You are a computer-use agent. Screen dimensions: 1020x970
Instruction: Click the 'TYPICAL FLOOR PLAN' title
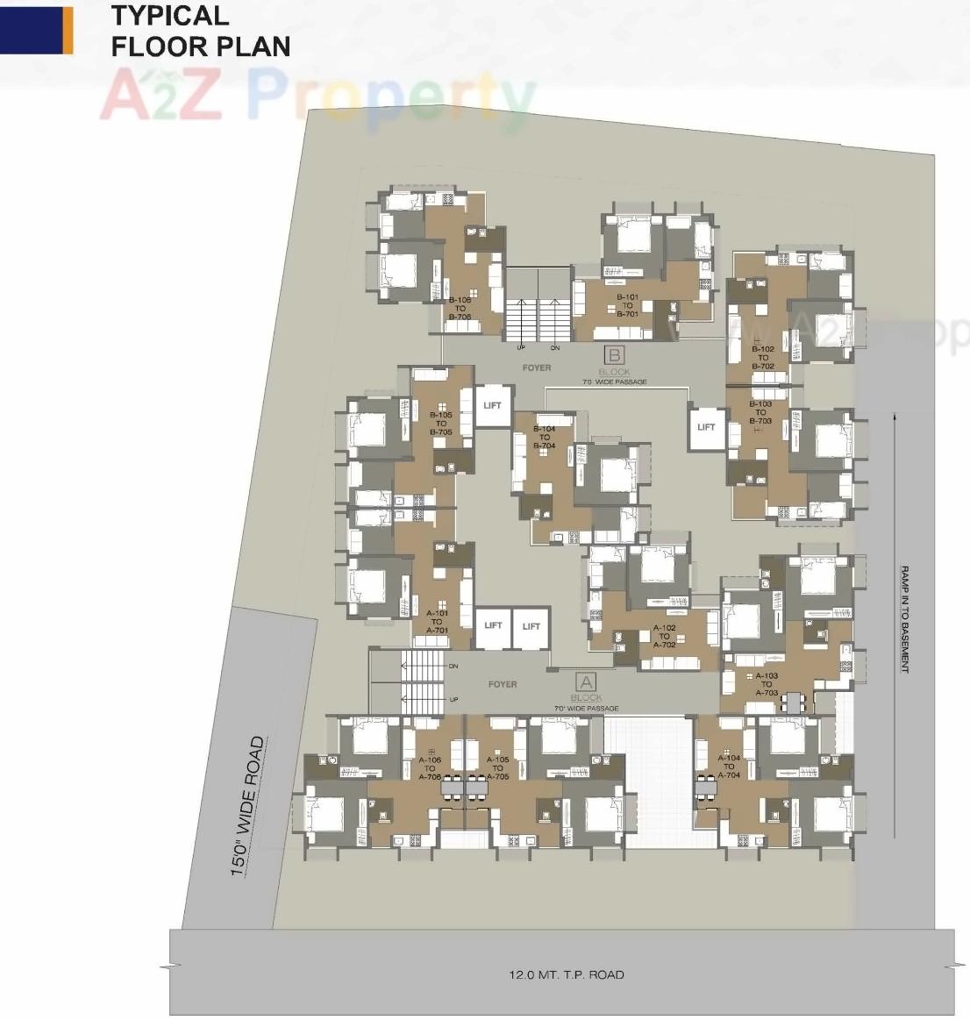tap(201, 31)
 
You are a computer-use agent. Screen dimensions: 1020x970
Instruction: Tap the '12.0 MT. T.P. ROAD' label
tap(567, 974)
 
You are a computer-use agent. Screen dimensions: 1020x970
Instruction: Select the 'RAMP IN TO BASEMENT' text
tap(903, 619)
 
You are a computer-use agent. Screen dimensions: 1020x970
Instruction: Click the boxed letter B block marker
tap(615, 355)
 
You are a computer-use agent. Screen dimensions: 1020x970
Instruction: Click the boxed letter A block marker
tap(585, 681)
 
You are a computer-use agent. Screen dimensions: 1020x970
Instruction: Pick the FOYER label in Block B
tap(537, 367)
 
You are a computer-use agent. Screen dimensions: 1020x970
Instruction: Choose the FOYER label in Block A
tap(503, 684)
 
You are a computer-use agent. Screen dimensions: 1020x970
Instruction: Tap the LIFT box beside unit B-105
tap(492, 406)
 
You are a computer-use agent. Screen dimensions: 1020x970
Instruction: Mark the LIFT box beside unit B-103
tap(706, 427)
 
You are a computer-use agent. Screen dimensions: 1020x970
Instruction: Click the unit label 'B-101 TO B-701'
tap(627, 305)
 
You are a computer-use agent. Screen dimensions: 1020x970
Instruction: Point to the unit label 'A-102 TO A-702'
tap(664, 637)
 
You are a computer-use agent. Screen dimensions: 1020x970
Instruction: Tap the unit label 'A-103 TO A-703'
tap(767, 684)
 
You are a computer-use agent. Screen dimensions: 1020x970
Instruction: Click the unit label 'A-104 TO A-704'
tap(729, 767)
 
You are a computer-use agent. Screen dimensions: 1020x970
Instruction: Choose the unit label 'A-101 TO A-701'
tap(437, 622)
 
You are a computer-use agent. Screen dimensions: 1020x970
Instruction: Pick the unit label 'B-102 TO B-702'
tap(762, 358)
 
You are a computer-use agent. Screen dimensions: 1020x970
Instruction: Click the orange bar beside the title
tap(67, 30)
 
